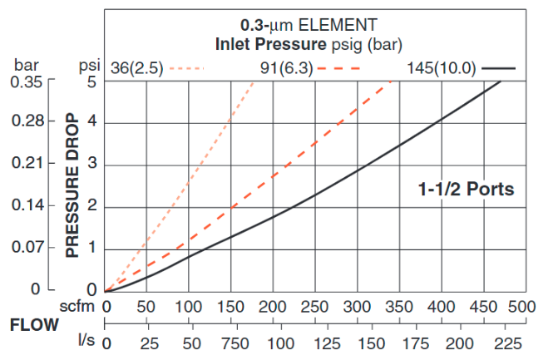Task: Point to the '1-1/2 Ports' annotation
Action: [x=466, y=190]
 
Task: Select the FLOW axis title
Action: [x=33, y=324]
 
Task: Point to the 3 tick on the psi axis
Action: [x=92, y=164]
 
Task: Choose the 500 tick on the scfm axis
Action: [x=521, y=306]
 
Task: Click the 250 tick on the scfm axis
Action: [x=313, y=306]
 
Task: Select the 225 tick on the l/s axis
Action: [x=502, y=343]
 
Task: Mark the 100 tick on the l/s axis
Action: [x=281, y=343]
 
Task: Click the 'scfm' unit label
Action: [x=80, y=306]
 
